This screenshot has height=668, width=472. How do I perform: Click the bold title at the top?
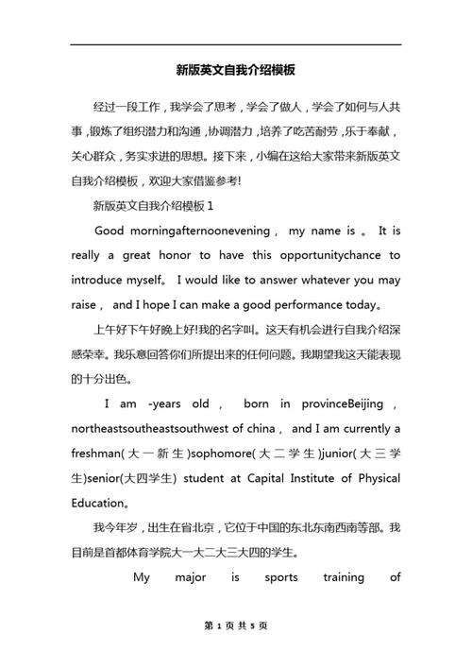click(x=236, y=70)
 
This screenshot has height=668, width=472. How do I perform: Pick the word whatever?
click(x=321, y=280)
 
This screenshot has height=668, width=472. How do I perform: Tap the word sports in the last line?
click(x=282, y=576)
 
